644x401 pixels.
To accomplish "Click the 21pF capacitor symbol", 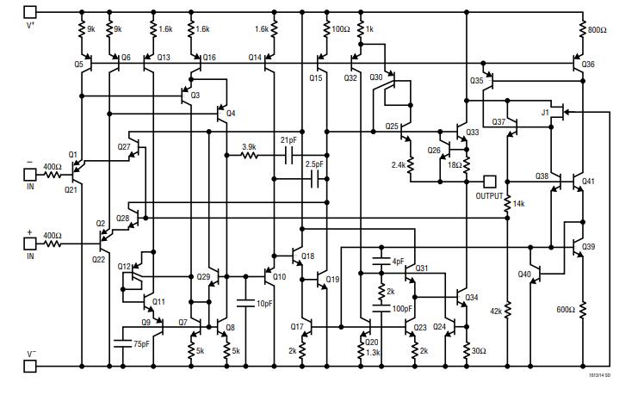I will [x=288, y=156].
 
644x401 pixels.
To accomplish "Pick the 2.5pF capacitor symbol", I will [x=315, y=179].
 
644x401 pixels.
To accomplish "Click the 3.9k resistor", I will [x=249, y=156].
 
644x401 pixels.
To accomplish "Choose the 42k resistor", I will [x=507, y=311].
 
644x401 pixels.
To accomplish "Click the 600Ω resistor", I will [x=583, y=308].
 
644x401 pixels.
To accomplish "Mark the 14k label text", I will [x=518, y=203].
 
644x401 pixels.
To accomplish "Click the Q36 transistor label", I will [x=588, y=65].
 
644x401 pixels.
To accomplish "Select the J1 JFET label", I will [x=545, y=113].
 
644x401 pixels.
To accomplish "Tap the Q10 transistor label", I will [x=279, y=276].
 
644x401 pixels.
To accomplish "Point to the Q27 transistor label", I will [x=123, y=146].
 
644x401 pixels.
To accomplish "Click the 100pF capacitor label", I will [x=401, y=308].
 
